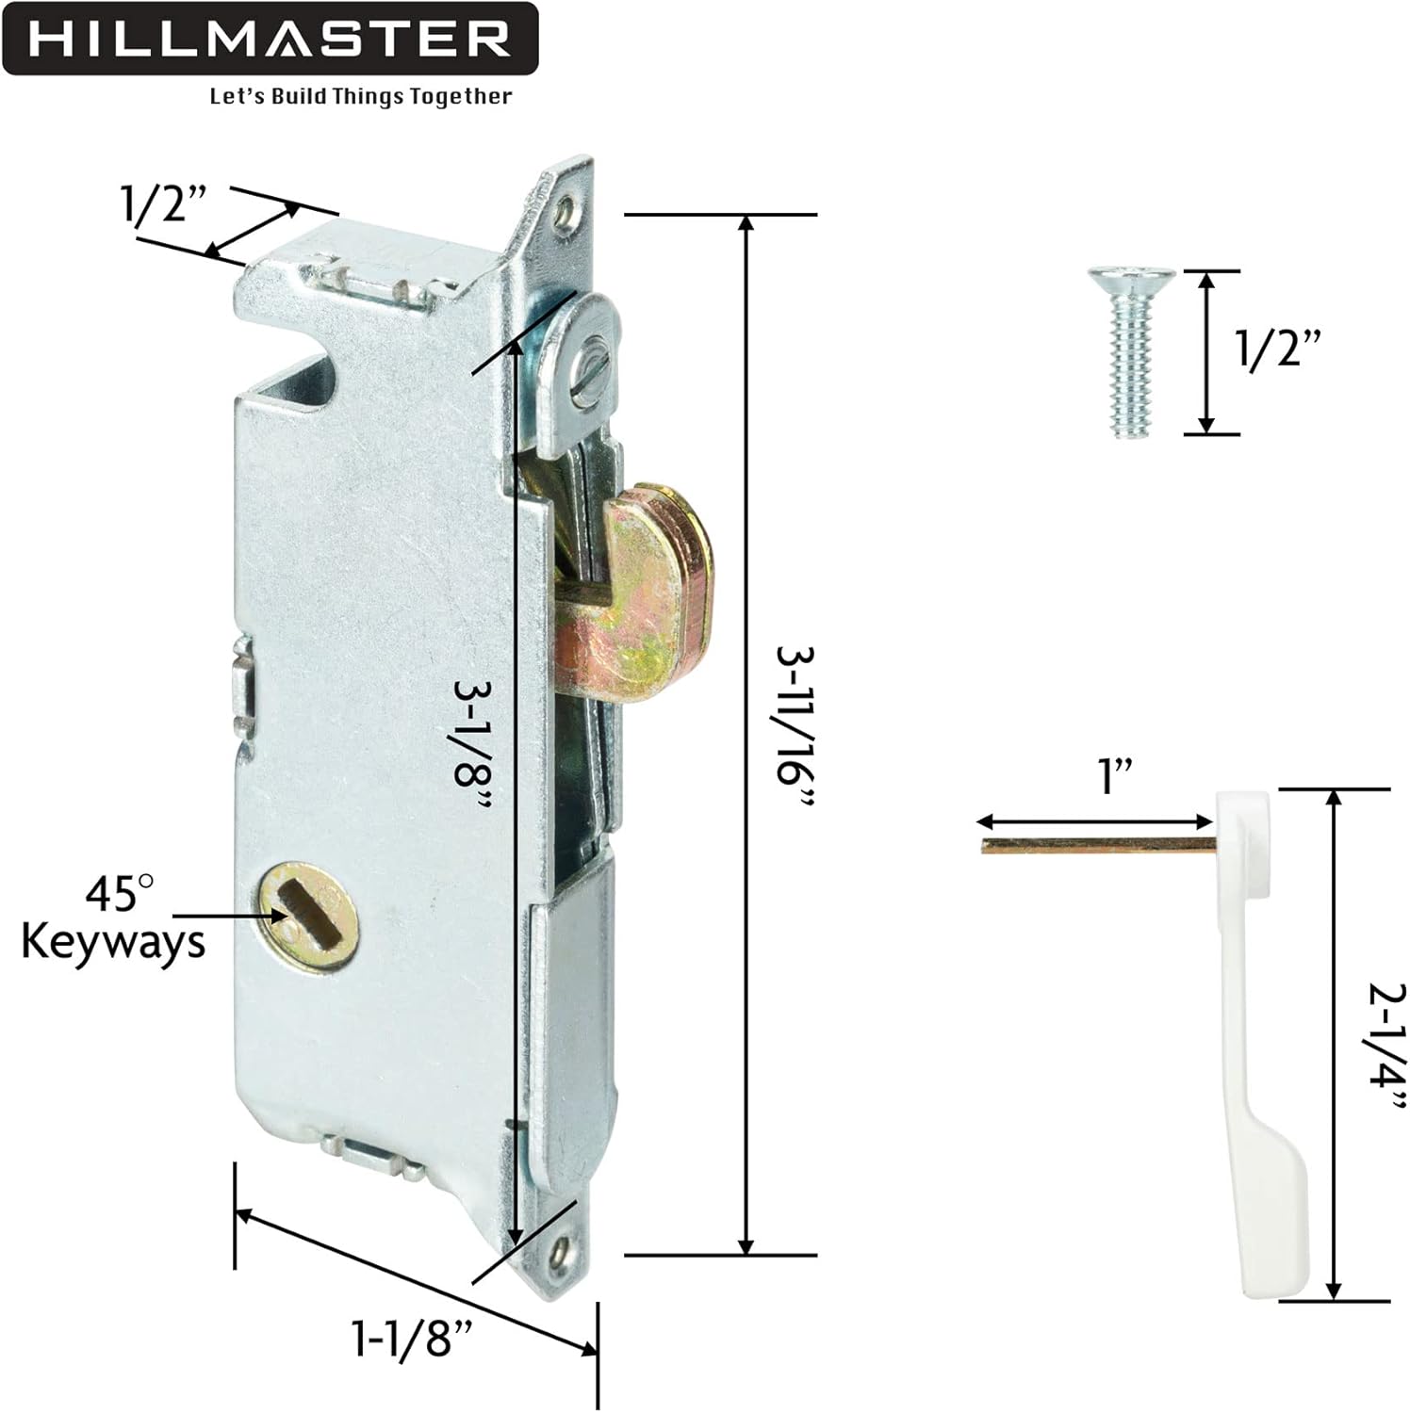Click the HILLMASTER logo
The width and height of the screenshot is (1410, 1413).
270,40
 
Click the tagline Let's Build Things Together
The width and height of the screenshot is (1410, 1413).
361,97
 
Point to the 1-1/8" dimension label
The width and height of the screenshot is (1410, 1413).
412,1338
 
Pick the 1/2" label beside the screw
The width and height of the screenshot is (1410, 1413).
1279,349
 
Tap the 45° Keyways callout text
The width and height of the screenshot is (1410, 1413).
113,918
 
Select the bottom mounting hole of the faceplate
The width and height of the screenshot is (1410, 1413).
563,1251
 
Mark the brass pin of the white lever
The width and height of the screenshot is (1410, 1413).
1098,845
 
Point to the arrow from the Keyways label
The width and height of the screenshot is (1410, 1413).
226,915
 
